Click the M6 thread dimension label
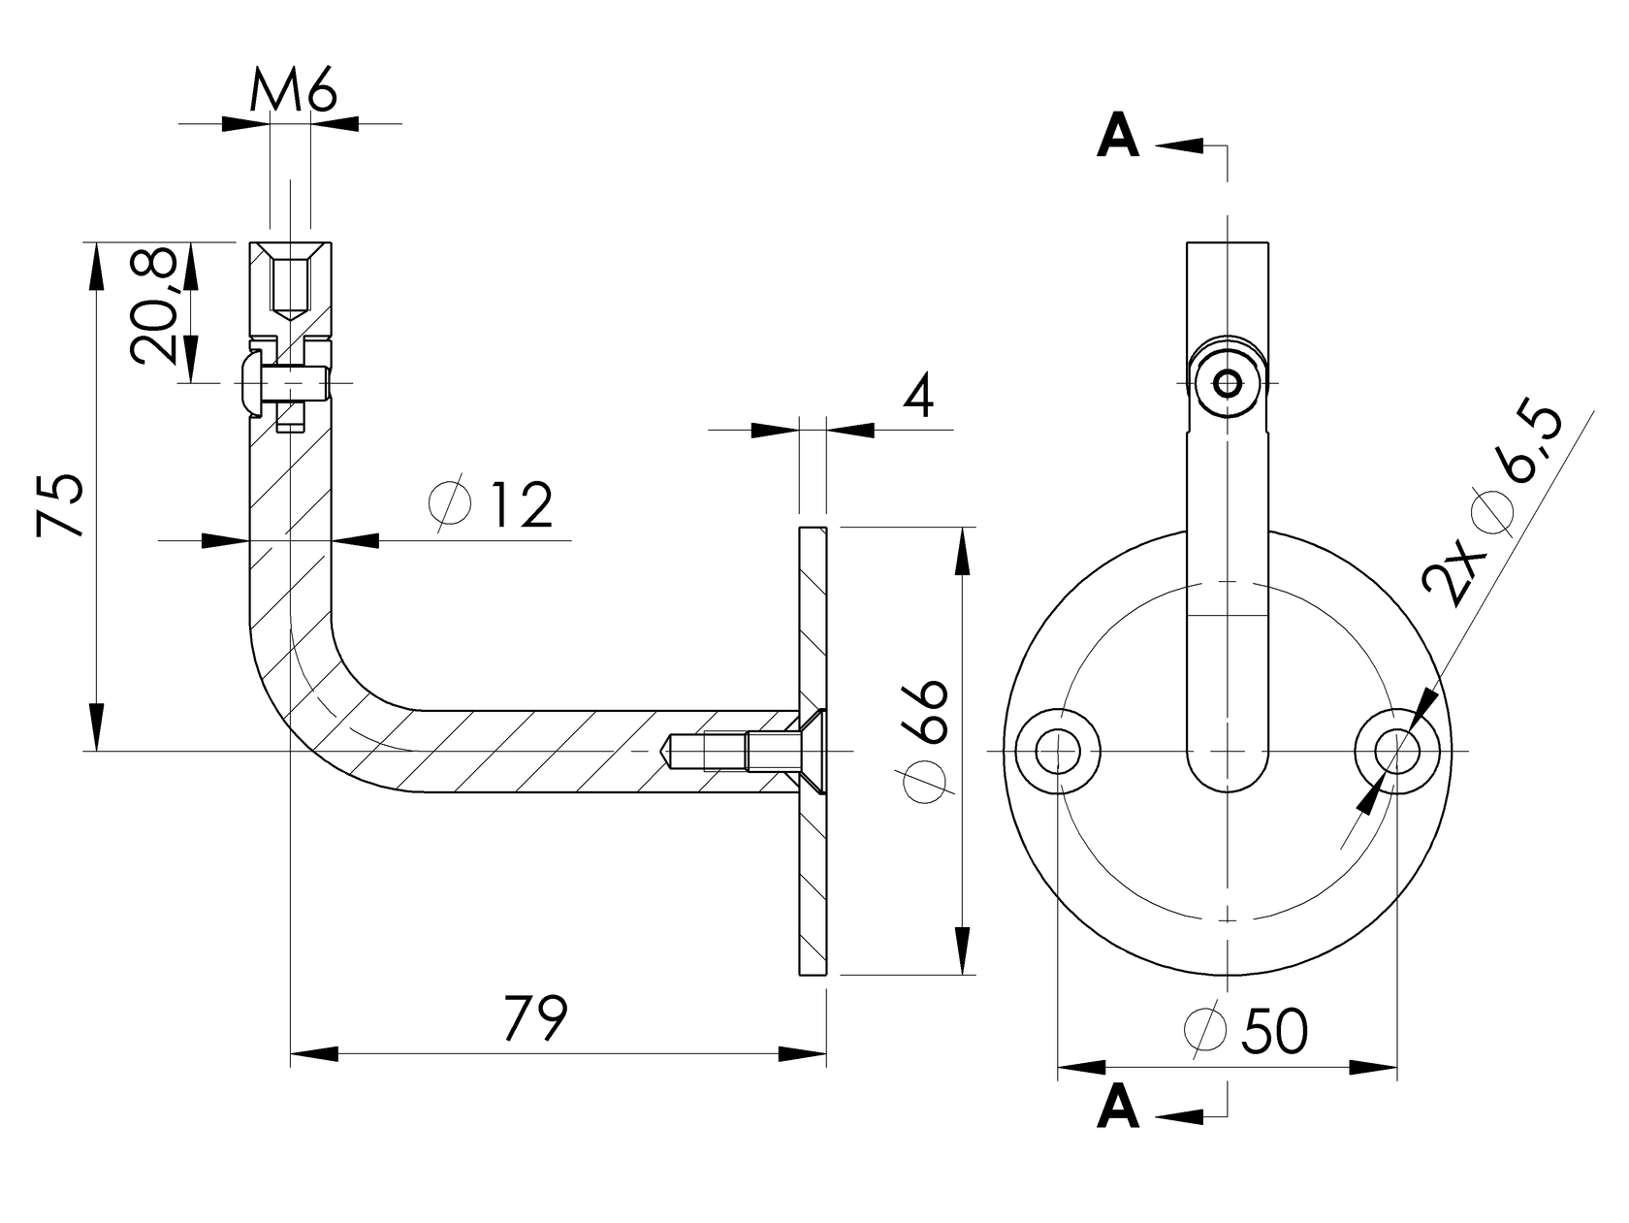click(x=293, y=93)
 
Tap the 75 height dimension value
click(x=60, y=506)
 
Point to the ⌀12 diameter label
click(x=493, y=504)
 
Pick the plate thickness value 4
click(x=917, y=397)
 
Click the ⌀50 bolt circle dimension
click(x=1249, y=1031)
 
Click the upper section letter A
click(x=1118, y=138)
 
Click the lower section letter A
click(x=1118, y=1108)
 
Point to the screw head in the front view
click(x=1228, y=383)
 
